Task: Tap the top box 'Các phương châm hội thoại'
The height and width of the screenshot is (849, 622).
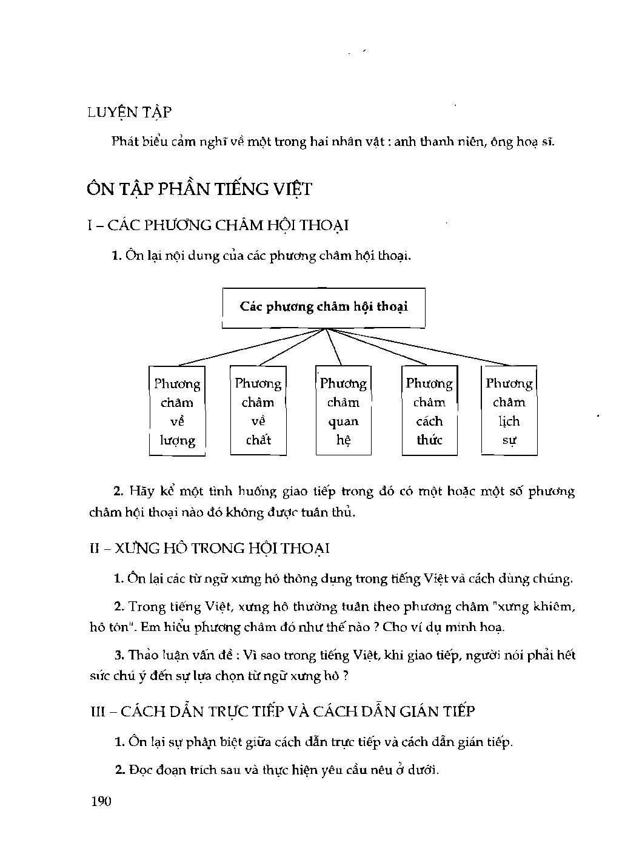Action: click(324, 306)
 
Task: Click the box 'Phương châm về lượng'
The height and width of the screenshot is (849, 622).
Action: click(177, 411)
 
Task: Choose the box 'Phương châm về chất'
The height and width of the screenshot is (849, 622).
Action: click(258, 411)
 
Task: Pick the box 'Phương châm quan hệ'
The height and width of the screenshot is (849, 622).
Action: click(343, 411)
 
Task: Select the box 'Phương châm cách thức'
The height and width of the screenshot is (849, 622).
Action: click(429, 411)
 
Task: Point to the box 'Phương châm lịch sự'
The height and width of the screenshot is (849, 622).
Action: click(509, 411)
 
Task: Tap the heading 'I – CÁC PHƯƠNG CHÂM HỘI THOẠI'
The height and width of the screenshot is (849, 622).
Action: click(219, 225)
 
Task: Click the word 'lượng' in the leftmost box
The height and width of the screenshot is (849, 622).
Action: click(178, 441)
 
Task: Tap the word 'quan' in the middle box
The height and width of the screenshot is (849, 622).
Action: click(343, 421)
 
